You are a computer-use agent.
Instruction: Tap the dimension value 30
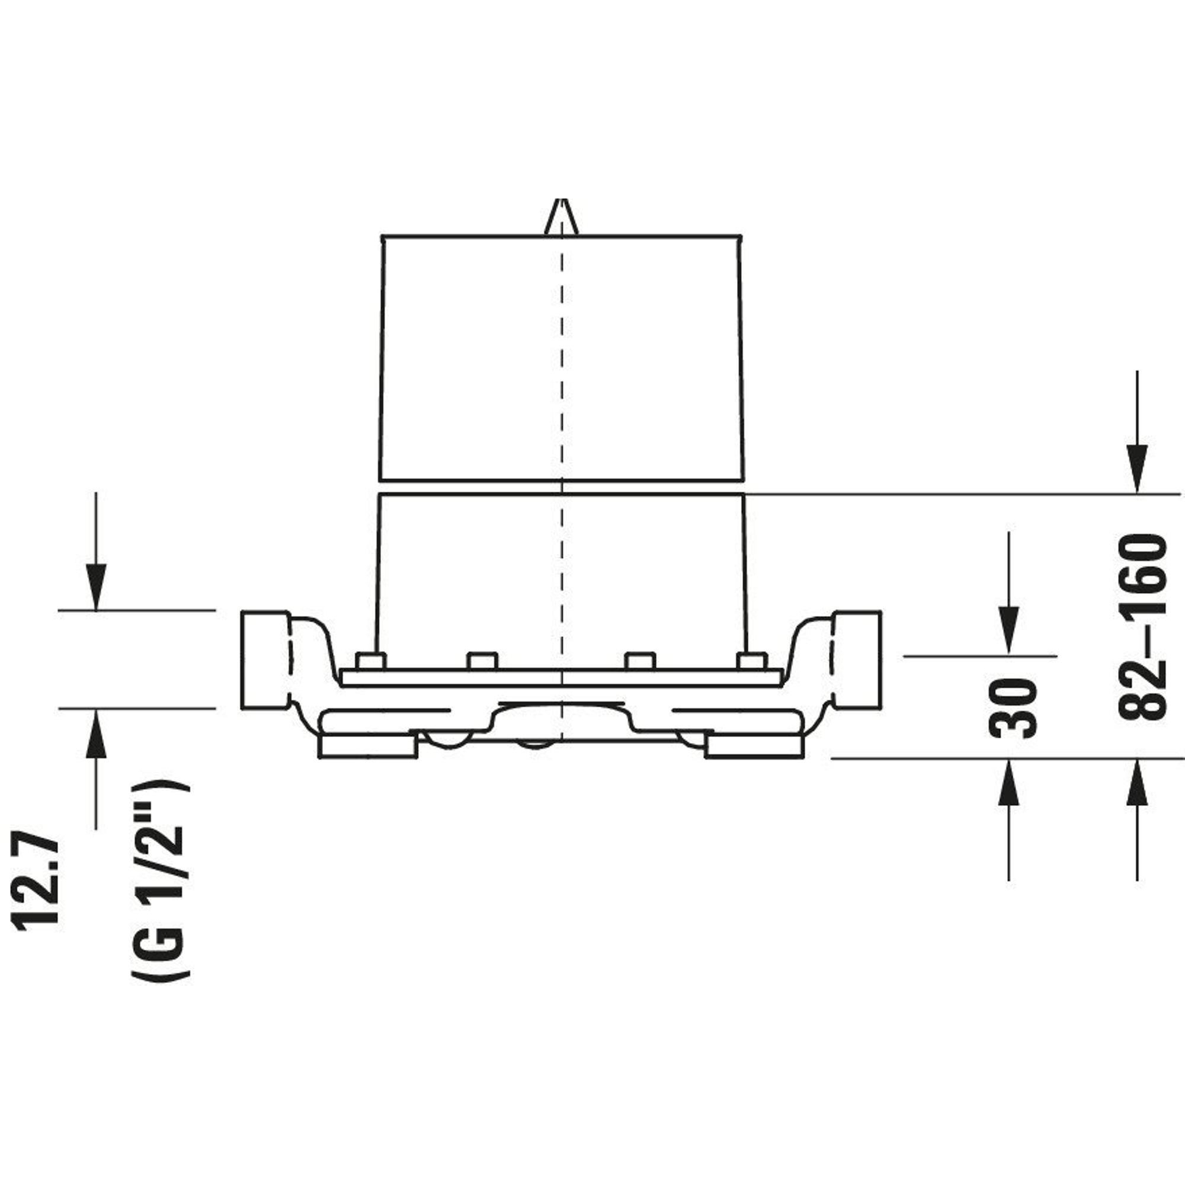click(x=1013, y=707)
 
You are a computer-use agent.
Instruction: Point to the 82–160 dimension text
click(x=1142, y=627)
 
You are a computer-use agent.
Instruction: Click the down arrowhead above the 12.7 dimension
click(x=95, y=587)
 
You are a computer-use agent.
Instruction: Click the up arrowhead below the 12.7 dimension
click(x=95, y=732)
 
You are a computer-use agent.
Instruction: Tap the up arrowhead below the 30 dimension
click(x=1009, y=783)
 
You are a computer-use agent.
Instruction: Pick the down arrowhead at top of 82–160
click(x=1138, y=469)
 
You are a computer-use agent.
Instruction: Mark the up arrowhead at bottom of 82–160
click(x=1138, y=783)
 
